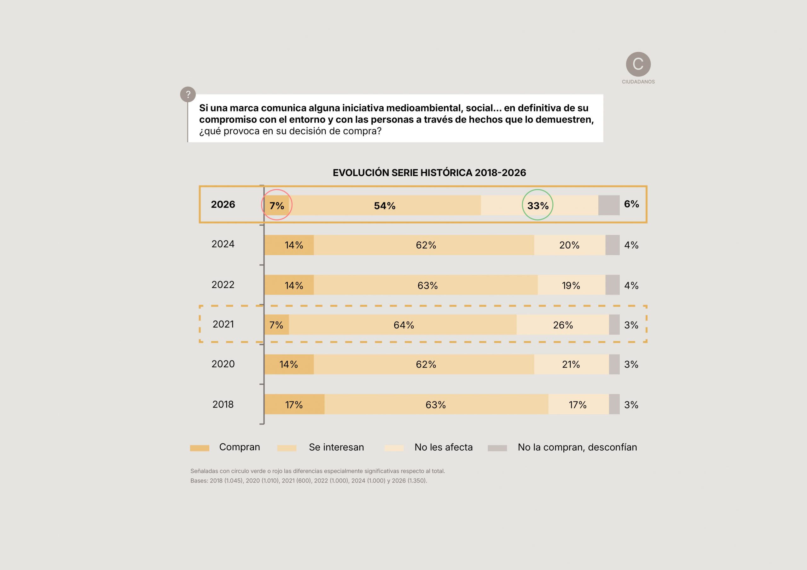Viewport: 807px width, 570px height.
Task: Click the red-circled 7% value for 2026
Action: (x=276, y=205)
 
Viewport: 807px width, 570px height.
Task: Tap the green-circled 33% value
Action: (x=537, y=205)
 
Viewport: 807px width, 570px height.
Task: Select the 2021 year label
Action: (x=223, y=324)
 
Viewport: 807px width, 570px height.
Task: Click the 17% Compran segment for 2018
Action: (x=294, y=405)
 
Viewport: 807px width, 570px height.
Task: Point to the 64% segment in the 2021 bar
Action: (x=403, y=325)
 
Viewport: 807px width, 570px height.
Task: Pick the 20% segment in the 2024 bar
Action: (x=569, y=245)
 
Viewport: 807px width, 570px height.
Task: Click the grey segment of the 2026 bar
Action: (x=609, y=205)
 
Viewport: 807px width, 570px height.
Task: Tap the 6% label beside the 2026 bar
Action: (x=631, y=204)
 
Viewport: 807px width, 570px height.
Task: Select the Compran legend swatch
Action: (x=199, y=448)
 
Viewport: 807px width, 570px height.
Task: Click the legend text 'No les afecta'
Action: (x=443, y=447)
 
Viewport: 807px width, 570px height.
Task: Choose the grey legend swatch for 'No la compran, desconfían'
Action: (x=497, y=448)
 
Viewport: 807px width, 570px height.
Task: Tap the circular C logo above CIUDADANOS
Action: (x=638, y=64)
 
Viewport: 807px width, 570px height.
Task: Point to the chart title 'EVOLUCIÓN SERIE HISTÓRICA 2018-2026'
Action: (x=429, y=173)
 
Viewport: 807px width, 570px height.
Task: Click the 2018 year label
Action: (x=223, y=404)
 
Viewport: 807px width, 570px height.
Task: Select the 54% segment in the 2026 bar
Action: (x=385, y=205)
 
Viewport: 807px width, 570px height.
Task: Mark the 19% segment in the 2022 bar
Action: (x=571, y=285)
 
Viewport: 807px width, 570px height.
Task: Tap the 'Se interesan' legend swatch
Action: (x=287, y=448)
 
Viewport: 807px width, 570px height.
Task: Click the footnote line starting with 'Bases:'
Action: (x=309, y=481)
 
